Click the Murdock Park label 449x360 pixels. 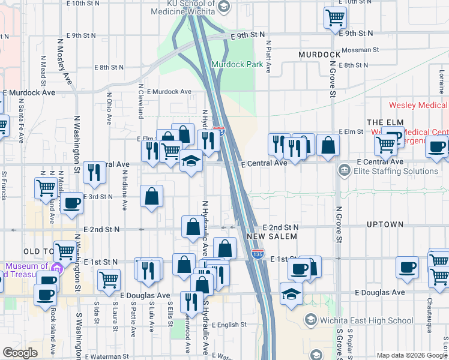pos(238,65)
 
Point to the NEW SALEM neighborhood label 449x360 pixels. pos(272,237)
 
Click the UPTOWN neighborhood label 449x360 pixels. pos(385,224)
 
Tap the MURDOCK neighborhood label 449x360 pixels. pos(319,55)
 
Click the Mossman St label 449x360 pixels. pos(360,50)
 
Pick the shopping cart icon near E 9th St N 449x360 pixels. pos(335,17)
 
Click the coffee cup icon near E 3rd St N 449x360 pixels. pos(72,202)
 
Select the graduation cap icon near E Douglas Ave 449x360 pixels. pos(291,294)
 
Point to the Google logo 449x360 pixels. pos(20,352)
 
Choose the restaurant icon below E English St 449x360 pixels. pos(191,301)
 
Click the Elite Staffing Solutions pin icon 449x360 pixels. pos(344,171)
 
